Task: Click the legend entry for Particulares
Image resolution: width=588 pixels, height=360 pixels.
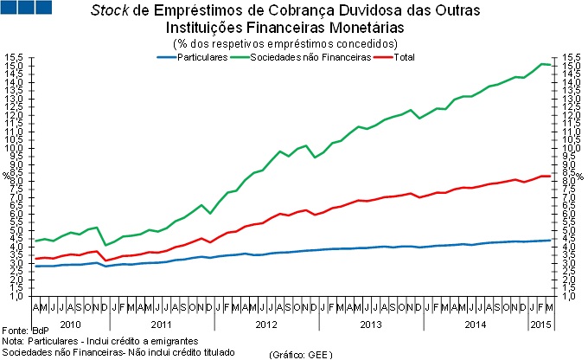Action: tap(201, 57)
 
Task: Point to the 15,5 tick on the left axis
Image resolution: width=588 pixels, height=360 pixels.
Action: tap(13, 58)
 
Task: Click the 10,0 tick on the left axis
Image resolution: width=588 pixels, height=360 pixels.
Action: tap(13, 148)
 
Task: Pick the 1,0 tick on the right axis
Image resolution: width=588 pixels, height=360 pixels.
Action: tap(571, 296)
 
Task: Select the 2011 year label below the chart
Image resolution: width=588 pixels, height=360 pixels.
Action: tap(163, 324)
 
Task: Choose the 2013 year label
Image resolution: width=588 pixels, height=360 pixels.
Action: tap(370, 324)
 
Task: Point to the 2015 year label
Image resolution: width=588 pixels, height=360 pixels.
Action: tap(540, 324)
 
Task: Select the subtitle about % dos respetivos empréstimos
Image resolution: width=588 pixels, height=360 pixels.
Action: tap(286, 42)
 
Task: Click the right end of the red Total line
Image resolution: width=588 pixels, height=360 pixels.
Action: tap(550, 176)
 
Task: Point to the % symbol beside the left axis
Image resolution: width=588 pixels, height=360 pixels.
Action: tap(5, 176)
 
